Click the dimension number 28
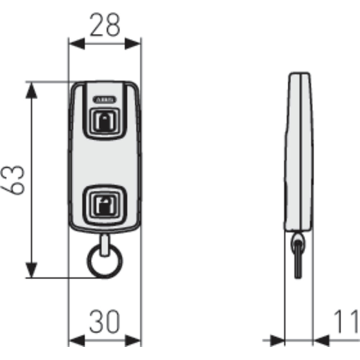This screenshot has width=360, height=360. point(105,25)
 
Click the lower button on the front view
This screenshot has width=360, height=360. point(105,204)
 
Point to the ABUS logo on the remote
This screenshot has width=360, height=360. point(105,99)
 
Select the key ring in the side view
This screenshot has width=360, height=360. point(297,257)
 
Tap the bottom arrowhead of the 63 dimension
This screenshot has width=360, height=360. point(31,270)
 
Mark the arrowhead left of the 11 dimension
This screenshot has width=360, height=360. point(277,340)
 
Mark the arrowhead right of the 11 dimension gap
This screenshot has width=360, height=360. point(321,340)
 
